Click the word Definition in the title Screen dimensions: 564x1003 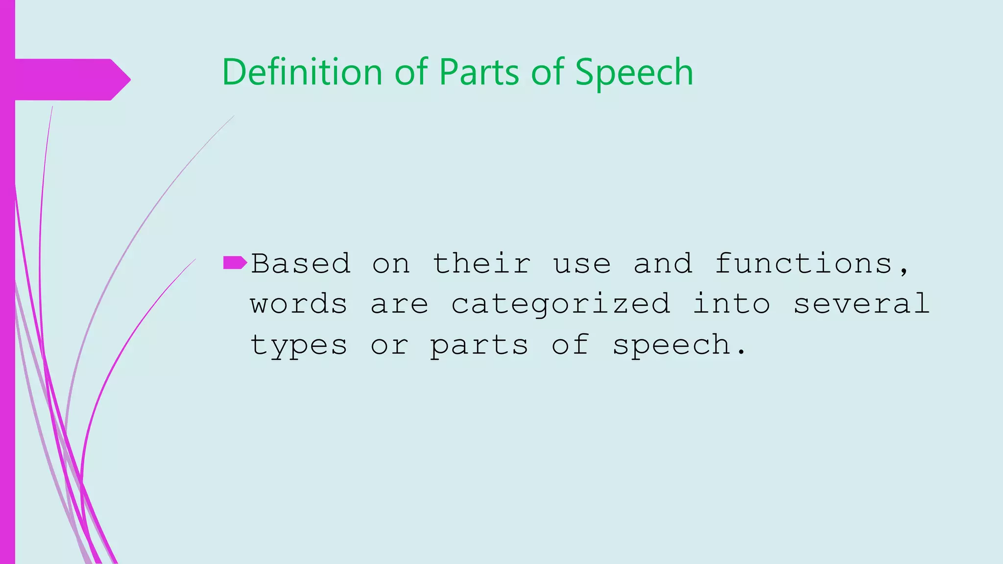pos(302,72)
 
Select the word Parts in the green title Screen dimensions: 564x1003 pos(478,72)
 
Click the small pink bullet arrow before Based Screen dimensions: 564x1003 pos(235,263)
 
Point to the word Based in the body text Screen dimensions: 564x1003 pos(301,264)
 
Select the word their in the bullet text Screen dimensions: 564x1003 pos(481,264)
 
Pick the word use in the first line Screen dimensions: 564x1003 pos(582,265)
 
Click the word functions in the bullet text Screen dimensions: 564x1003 pos(803,264)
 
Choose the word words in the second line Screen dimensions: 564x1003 pos(299,305)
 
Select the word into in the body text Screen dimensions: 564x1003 pos(732,304)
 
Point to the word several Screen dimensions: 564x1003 pos(861,304)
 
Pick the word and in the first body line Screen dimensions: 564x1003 pos(663,264)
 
